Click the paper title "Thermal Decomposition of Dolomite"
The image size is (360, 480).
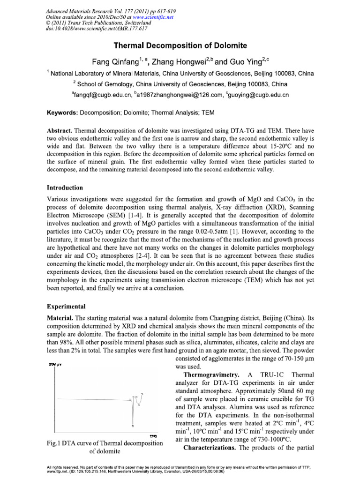coord(180,45)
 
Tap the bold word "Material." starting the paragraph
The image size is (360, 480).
coord(59,318)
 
